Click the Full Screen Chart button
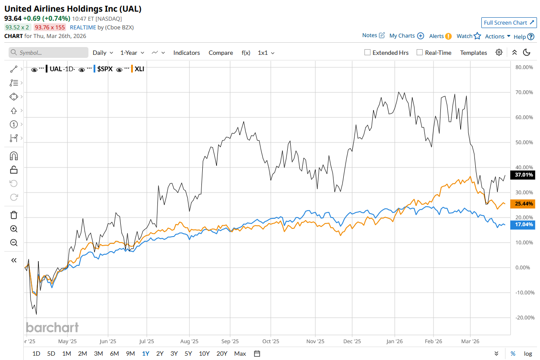point(509,23)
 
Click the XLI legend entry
point(139,69)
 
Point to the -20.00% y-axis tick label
point(523,318)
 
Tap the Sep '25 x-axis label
point(230,341)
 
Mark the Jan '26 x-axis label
point(394,341)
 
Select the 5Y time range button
point(188,354)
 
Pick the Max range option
point(240,354)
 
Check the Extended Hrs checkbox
point(367,53)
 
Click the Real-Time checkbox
point(420,53)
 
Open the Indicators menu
point(186,53)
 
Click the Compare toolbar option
point(220,53)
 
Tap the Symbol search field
point(48,53)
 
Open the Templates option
point(473,53)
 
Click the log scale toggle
point(528,354)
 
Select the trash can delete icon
point(14,215)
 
